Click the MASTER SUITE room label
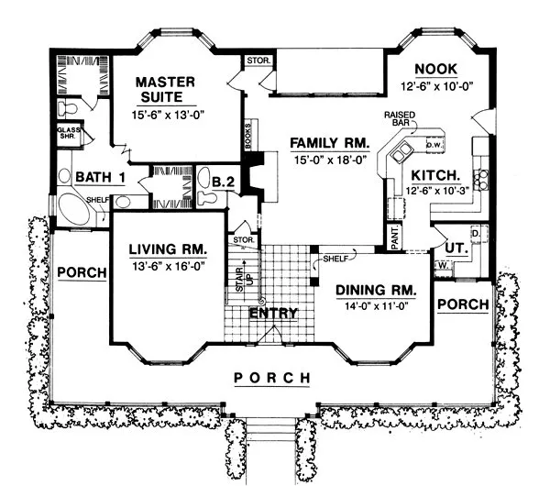166,89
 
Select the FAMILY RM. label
330,143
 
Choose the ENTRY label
274,313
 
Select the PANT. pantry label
391,236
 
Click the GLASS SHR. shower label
70,137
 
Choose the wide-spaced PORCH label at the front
272,378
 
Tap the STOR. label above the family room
255,62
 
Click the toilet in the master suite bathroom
66,108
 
